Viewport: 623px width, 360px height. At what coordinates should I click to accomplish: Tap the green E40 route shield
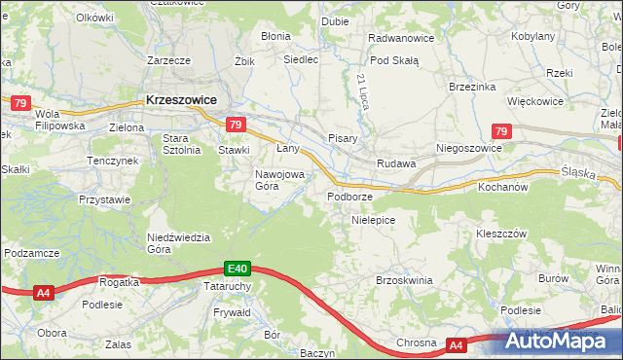point(238,268)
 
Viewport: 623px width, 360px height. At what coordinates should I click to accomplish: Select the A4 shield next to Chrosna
point(457,344)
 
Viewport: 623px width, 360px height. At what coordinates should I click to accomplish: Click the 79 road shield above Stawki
point(235,125)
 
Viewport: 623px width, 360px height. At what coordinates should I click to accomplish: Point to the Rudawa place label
point(396,163)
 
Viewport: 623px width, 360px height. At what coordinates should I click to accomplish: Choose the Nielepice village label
point(372,220)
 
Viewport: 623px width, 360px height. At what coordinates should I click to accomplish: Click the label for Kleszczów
point(500,234)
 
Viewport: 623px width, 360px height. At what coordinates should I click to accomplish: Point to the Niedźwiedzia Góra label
point(173,242)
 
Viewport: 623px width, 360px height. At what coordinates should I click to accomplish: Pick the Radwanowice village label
point(399,38)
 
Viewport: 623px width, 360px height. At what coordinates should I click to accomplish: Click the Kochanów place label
point(502,186)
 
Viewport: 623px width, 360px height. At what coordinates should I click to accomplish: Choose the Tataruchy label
point(231,287)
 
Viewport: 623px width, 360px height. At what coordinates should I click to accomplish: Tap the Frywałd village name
point(232,313)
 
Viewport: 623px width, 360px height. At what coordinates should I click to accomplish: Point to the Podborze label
point(350,197)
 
